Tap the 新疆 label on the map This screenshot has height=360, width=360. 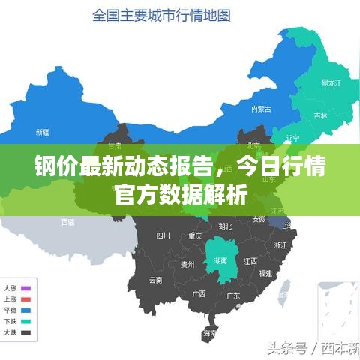coord(42,132)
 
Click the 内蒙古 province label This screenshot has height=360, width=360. coord(261,109)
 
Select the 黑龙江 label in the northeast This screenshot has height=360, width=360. coord(331,82)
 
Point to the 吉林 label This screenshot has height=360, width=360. coord(320,116)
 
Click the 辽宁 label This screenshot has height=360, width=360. coord(292,139)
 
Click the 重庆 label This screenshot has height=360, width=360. coord(195,235)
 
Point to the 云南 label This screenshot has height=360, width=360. coord(155,280)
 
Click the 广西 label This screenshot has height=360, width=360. coord(199,293)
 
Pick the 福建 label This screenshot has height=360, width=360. coord(265,274)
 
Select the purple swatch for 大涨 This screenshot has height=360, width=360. coord(26,288)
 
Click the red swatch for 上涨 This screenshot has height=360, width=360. coord(26,298)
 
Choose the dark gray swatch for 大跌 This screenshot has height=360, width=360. coord(26,332)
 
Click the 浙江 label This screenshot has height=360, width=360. coord(281,245)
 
